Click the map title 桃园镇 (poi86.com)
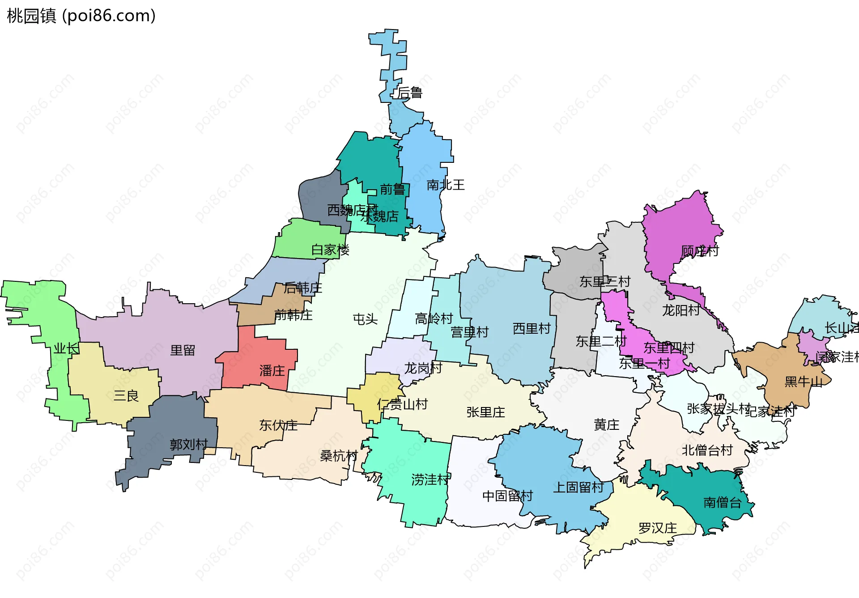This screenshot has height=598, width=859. [x=81, y=16]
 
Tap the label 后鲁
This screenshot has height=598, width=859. [x=410, y=93]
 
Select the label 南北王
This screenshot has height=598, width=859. [x=446, y=185]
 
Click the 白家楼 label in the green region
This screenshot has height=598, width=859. [x=330, y=250]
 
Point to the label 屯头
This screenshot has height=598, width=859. [x=365, y=319]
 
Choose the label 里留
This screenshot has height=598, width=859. [x=183, y=350]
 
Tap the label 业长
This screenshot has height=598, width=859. [x=66, y=348]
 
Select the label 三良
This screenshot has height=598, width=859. [x=126, y=395]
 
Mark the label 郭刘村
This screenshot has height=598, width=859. [x=188, y=444]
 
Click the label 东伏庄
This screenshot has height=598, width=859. [x=278, y=425]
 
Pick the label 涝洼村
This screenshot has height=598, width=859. [x=430, y=479]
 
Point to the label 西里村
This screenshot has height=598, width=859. [x=531, y=329]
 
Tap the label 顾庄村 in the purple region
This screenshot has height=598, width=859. [x=699, y=251]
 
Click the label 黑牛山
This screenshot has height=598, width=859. [x=804, y=382]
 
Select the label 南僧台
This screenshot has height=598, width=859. [x=722, y=502]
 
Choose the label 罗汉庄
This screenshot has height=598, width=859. [x=657, y=528]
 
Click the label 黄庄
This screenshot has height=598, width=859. [x=606, y=424]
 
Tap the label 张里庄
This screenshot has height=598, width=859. [x=485, y=412]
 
